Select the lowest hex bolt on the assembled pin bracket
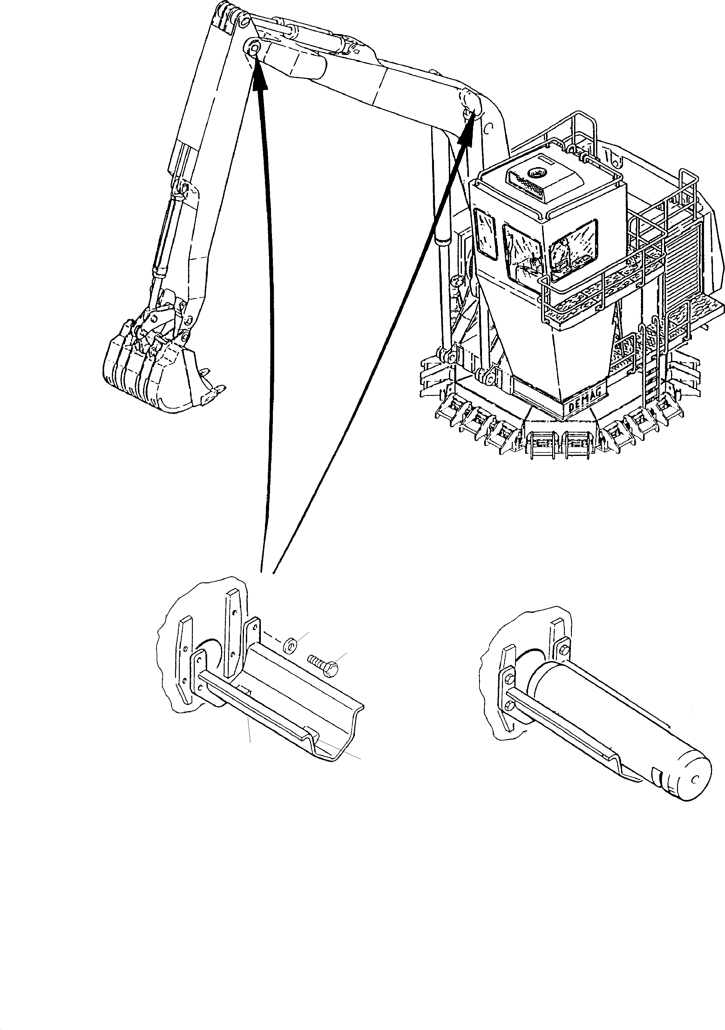[510, 707]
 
